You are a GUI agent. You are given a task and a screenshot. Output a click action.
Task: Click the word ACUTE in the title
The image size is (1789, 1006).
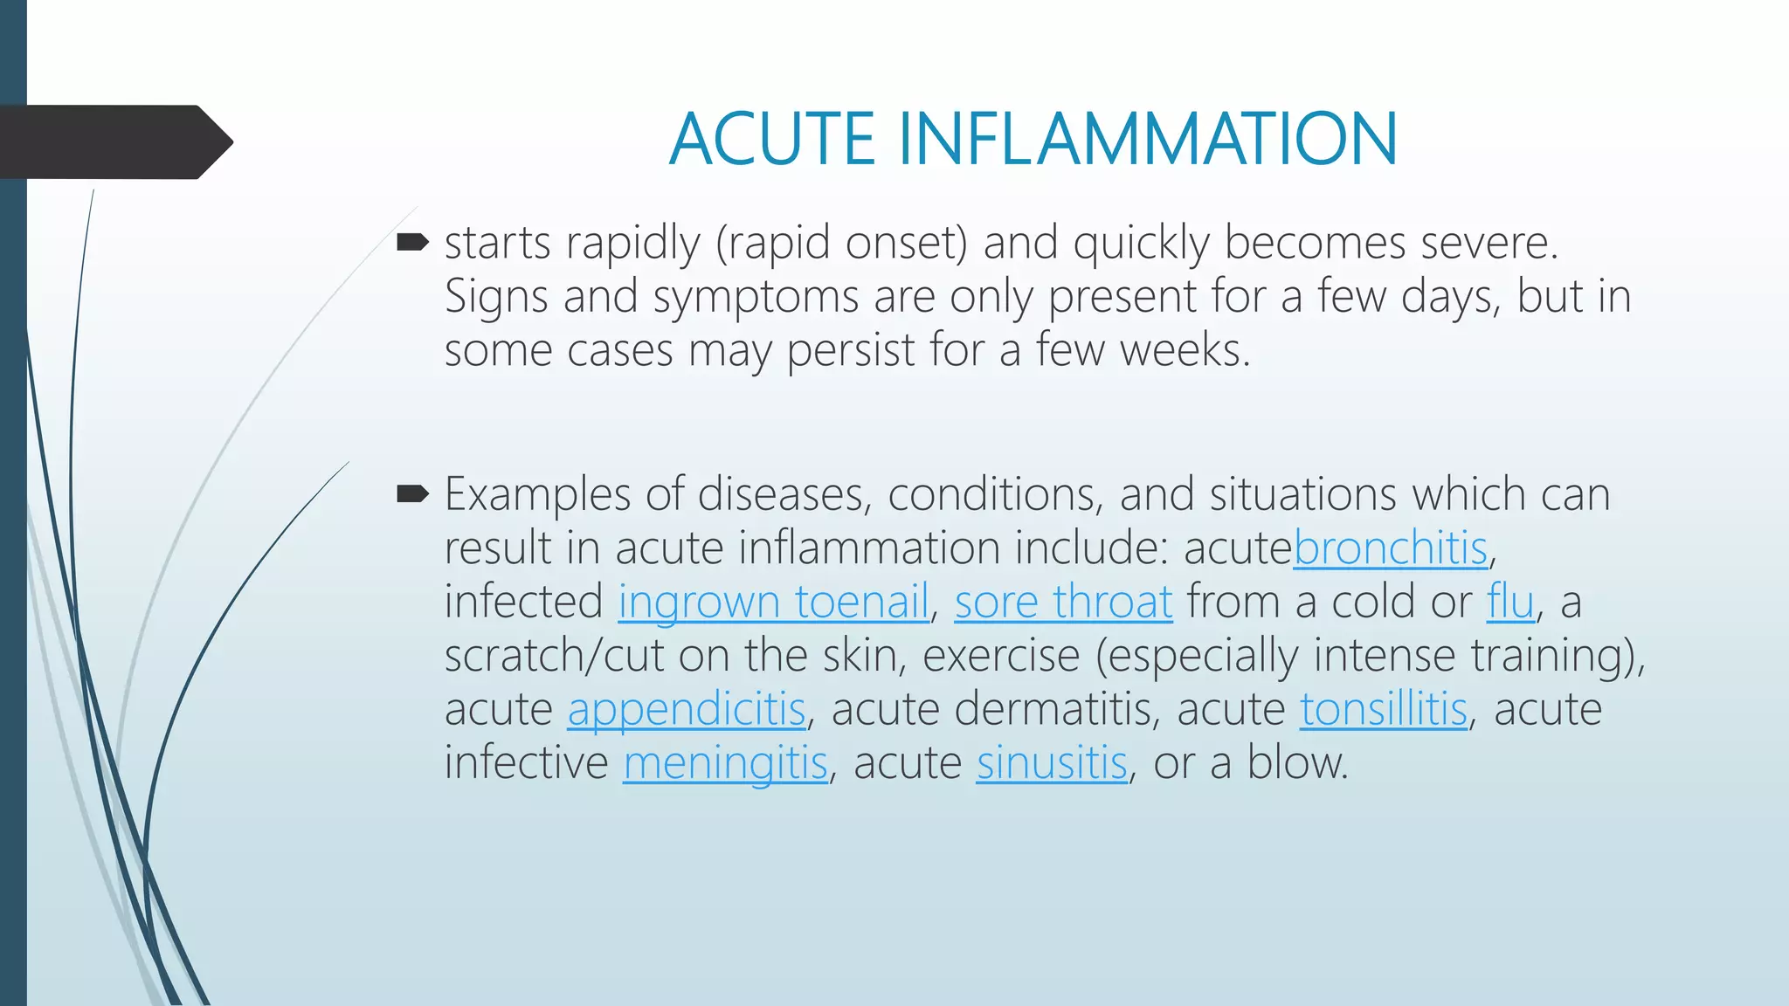click(772, 140)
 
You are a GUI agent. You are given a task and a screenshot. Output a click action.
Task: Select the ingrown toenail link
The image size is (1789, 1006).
click(773, 603)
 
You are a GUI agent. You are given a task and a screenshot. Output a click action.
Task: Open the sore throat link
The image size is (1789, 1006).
click(1063, 603)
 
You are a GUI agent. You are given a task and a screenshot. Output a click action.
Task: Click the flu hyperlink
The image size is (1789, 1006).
click(1510, 603)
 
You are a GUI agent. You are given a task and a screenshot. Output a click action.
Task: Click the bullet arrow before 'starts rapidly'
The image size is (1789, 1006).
click(412, 242)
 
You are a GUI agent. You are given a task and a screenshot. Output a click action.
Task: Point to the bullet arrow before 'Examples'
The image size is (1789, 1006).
click(412, 495)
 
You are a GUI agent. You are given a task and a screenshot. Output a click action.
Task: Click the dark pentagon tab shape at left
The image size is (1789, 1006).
click(114, 141)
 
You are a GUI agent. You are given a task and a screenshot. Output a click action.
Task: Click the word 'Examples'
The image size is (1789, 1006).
click(537, 495)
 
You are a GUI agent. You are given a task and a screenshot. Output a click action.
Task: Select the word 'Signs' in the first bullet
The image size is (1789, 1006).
click(496, 297)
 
